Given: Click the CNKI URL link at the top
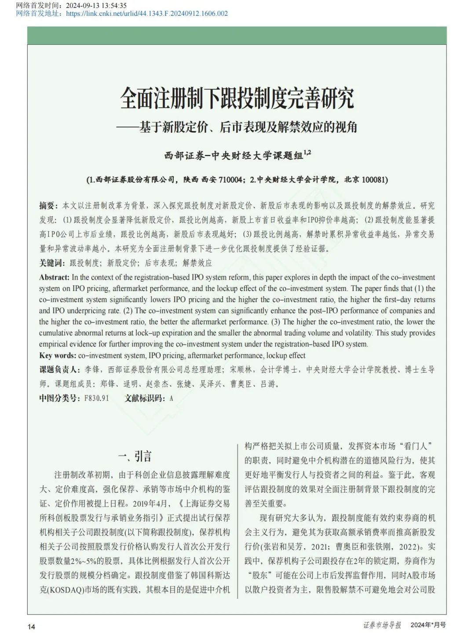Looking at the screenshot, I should [x=147, y=13].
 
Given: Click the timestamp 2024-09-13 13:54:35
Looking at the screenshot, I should [x=96, y=5].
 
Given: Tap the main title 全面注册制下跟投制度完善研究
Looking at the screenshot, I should [x=237, y=98].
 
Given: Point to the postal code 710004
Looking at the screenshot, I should [x=231, y=179].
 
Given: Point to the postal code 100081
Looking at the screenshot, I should [x=374, y=179].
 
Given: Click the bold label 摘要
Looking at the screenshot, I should [x=48, y=205].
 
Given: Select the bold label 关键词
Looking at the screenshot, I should [x=52, y=263].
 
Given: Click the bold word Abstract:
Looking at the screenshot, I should [x=54, y=277].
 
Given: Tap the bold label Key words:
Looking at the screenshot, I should [x=58, y=356].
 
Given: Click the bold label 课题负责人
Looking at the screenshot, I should [x=59, y=370].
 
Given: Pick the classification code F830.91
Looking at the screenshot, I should [x=97, y=398].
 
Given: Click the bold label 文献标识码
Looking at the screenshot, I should [x=145, y=398].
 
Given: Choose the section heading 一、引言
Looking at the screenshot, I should [x=135, y=456].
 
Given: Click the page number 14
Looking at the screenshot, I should [x=31, y=626].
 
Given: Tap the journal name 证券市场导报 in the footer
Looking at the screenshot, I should [x=382, y=625].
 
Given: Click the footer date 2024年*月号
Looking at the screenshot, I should [x=428, y=625].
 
